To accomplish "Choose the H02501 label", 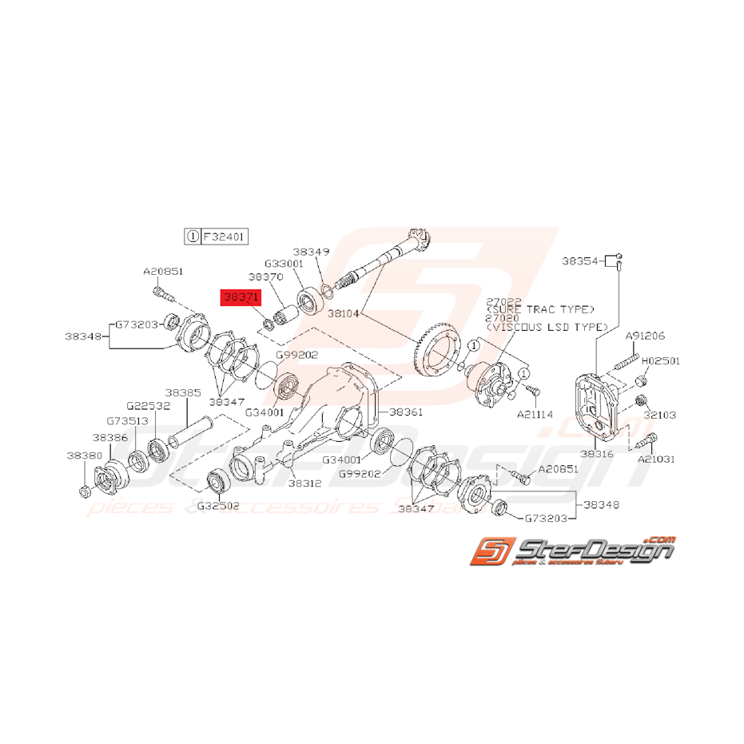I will pos(660,361).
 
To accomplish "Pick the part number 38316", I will pos(599,454).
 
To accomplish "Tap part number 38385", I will pos(183,393).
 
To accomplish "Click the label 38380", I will pos(84,454).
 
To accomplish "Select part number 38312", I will pos(304,483).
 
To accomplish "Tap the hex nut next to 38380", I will pos(85,488).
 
